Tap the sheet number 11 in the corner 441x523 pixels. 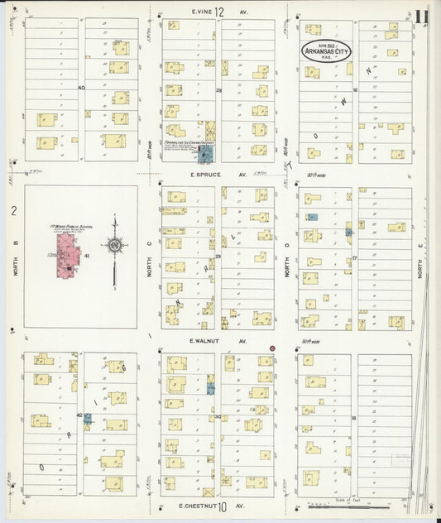[422, 17]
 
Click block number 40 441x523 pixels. [81, 87]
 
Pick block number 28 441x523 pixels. [219, 89]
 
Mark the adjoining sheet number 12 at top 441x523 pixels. [220, 12]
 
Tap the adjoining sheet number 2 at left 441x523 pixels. [13, 212]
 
